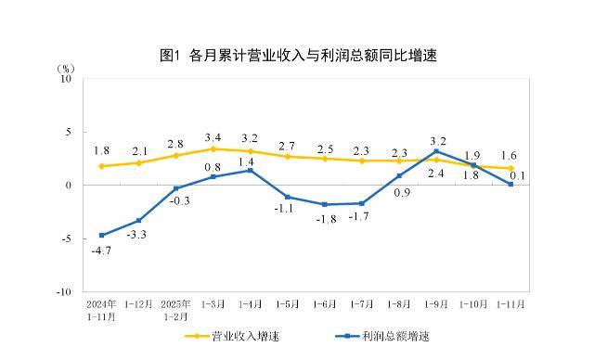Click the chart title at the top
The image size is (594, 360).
click(x=297, y=56)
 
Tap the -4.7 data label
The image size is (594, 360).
click(x=101, y=251)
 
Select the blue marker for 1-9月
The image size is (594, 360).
click(x=435, y=151)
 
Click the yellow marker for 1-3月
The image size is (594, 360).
click(x=213, y=148)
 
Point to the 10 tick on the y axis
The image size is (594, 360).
click(x=66, y=79)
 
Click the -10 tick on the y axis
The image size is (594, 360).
click(x=64, y=291)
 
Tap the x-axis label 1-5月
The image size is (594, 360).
click(x=287, y=303)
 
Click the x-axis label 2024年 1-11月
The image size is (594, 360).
click(x=101, y=309)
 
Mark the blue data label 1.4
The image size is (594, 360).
click(x=249, y=161)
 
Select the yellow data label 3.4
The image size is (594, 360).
click(x=213, y=136)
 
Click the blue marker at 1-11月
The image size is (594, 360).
click(x=510, y=184)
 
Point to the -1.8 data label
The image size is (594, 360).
click(x=324, y=219)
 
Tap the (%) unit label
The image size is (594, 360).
click(x=66, y=68)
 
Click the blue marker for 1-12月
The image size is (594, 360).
click(x=138, y=220)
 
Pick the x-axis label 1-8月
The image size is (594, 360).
click(x=398, y=303)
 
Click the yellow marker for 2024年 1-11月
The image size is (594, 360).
click(x=101, y=166)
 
